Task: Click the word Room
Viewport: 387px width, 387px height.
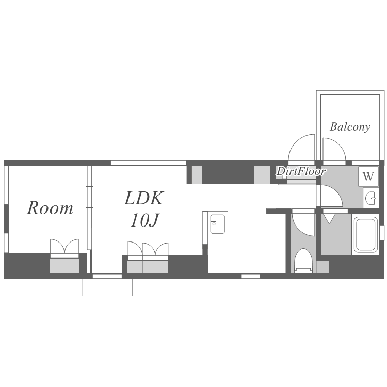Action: point(50,208)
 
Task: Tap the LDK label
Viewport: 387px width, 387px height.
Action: point(143,198)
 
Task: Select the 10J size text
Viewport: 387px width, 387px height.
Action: point(145,220)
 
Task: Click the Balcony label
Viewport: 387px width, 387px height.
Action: point(350,127)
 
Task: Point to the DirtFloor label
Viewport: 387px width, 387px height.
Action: point(301,171)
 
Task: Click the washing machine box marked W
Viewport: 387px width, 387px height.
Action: point(368,176)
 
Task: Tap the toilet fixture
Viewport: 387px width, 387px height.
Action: point(304,261)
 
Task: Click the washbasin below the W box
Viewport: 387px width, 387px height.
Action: point(370,198)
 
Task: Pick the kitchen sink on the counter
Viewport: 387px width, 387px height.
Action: point(217,224)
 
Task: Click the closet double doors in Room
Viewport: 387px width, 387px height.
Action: point(64,246)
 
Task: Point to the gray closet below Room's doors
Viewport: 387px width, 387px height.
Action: point(64,266)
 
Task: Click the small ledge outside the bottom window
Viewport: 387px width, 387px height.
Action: point(107,287)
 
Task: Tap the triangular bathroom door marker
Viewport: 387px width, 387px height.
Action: point(329,219)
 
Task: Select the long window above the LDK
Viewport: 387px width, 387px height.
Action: point(148,163)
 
